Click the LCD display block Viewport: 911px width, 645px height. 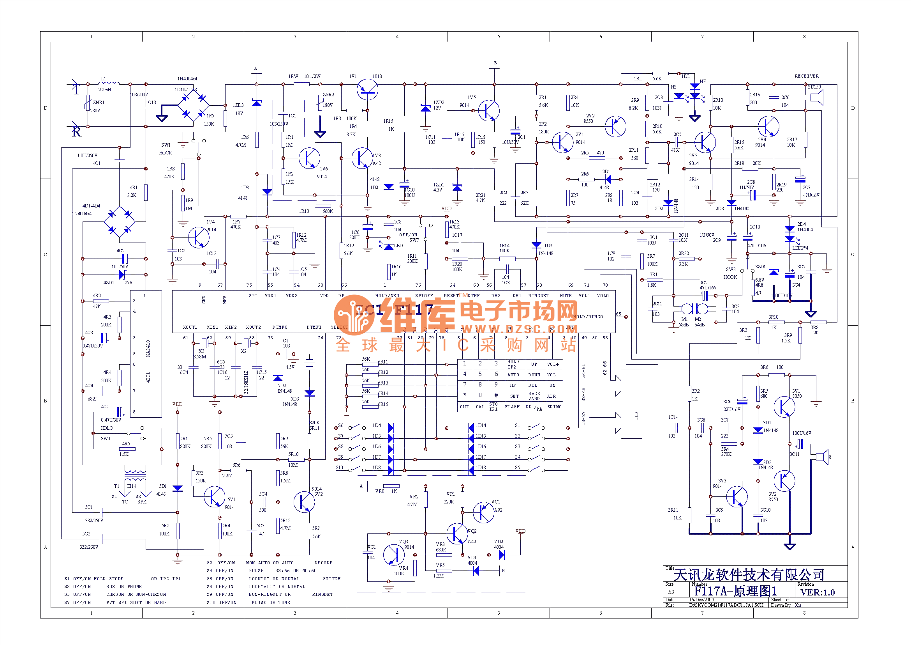tap(631, 404)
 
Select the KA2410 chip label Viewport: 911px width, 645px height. tap(148, 348)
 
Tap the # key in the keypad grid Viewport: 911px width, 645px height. tap(495, 395)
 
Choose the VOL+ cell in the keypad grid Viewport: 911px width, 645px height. tap(553, 364)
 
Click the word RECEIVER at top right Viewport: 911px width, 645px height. tap(806, 76)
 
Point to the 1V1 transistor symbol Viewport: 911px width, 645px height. tap(367, 90)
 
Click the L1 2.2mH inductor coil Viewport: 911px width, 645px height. tap(109, 83)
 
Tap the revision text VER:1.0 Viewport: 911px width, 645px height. tap(818, 592)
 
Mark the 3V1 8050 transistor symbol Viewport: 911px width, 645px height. tap(784, 407)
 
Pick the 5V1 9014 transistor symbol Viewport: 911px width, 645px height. tap(214, 496)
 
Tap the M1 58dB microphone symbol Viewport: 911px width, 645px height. tap(687, 308)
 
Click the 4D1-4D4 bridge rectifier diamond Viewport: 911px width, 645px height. tap(120, 222)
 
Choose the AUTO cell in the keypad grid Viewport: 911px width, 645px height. tap(513, 374)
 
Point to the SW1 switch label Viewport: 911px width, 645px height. tap(166, 145)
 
